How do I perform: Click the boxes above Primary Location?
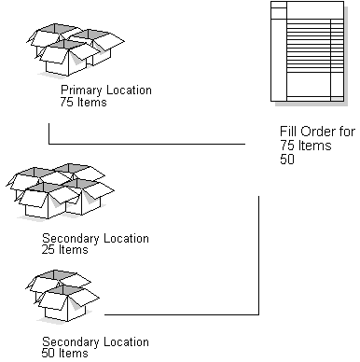pyautogui.click(x=75, y=52)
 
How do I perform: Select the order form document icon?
pyautogui.click(x=304, y=51)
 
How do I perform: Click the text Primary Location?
pyautogui.click(x=105, y=90)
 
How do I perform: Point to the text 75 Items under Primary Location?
pyautogui.click(x=83, y=103)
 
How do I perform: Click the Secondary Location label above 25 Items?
pyautogui.click(x=95, y=239)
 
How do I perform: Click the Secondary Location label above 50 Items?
pyautogui.click(x=95, y=341)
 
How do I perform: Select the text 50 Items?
pyautogui.click(x=65, y=354)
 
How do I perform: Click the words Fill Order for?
pyautogui.click(x=316, y=132)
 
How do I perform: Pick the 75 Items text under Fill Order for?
pyautogui.click(x=301, y=146)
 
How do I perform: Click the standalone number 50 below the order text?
pyautogui.click(x=287, y=159)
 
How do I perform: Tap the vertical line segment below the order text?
pyautogui.click(x=257, y=252)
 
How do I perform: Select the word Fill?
pyautogui.click(x=285, y=132)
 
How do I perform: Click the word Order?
pyautogui.click(x=312, y=132)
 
